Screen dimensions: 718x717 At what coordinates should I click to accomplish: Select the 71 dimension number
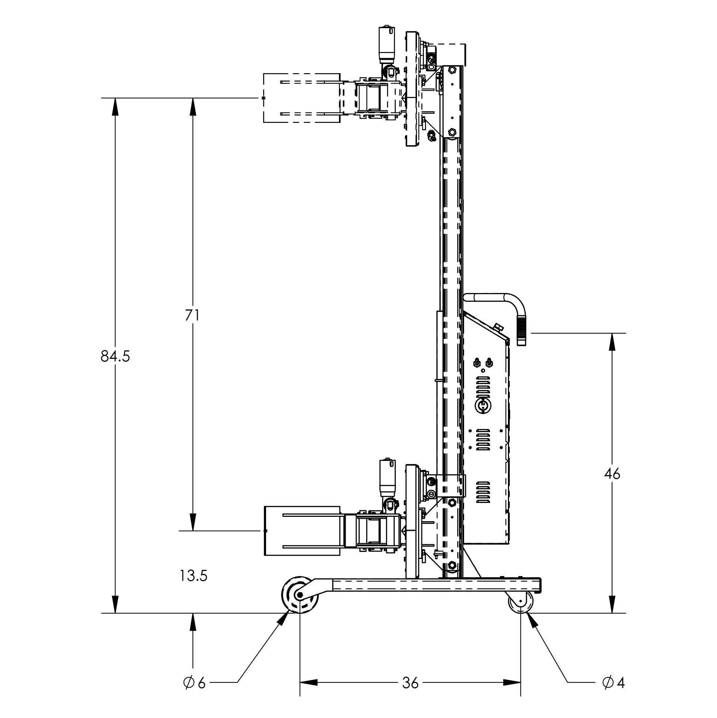[x=192, y=316]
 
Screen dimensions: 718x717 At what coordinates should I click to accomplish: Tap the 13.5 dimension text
[x=193, y=576]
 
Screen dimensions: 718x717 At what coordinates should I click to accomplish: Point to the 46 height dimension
[x=612, y=474]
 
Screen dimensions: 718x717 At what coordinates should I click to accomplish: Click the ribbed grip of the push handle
[x=521, y=331]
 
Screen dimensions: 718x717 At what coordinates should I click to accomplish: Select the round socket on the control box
[x=483, y=406]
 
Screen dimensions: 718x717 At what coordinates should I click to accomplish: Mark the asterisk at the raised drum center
[x=263, y=98]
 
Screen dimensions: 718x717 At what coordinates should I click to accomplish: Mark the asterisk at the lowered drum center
[x=265, y=531]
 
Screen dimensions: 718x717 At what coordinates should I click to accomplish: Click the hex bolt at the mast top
[x=452, y=70]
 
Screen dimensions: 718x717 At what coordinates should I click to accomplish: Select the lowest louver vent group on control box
[x=483, y=492]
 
